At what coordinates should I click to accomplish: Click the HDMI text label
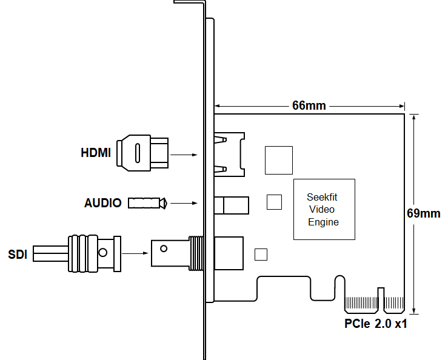pyautogui.click(x=95, y=153)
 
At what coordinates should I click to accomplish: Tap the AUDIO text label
pyautogui.click(x=102, y=203)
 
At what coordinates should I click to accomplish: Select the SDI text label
pyautogui.click(x=18, y=254)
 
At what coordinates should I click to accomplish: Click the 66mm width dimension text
pyautogui.click(x=309, y=105)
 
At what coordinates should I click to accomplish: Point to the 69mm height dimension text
pyautogui.click(x=423, y=213)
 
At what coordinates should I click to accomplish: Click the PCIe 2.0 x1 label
pyautogui.click(x=375, y=324)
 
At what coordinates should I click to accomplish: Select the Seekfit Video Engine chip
pyautogui.click(x=324, y=209)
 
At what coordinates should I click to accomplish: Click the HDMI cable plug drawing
pyautogui.click(x=144, y=153)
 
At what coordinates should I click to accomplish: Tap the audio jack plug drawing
pyautogui.click(x=147, y=202)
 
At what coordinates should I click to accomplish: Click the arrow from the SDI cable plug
pyautogui.click(x=136, y=252)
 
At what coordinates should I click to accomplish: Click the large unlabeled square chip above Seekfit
pyautogui.click(x=278, y=160)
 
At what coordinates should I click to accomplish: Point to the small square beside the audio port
pyautogui.click(x=275, y=202)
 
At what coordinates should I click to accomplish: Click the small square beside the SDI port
pyautogui.click(x=261, y=255)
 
